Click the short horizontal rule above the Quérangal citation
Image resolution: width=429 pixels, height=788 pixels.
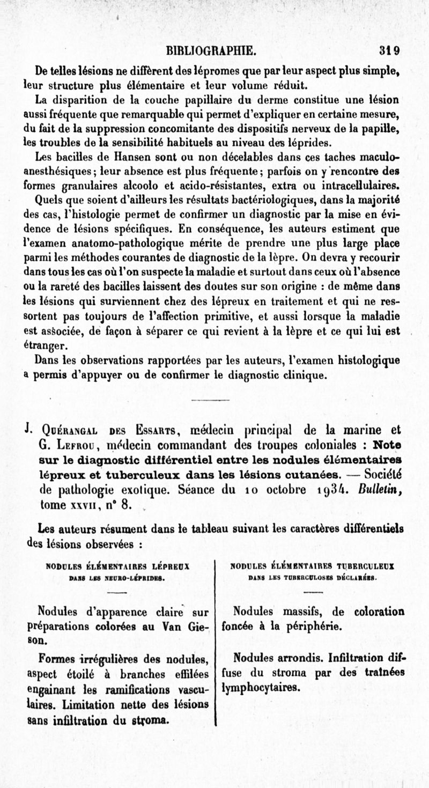[210, 399]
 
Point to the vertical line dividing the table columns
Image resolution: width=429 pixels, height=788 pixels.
[215, 644]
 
